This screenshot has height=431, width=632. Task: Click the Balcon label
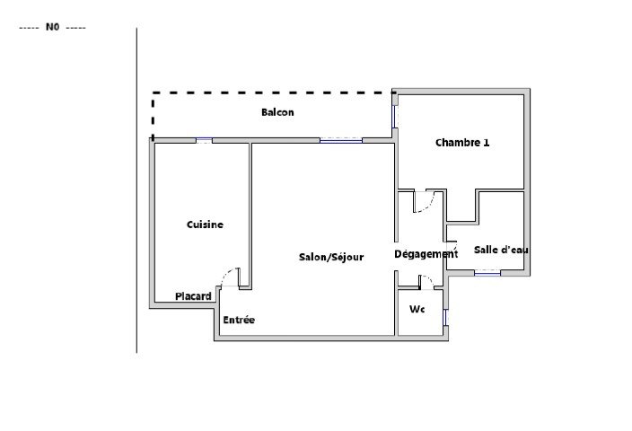(277, 112)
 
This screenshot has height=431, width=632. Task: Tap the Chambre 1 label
(462, 143)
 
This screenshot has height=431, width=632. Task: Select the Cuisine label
(205, 224)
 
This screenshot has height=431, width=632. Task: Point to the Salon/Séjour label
(331, 257)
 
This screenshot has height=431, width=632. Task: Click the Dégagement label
(426, 254)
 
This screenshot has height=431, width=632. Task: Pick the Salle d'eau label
(501, 250)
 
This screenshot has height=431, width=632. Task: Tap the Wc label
(417, 309)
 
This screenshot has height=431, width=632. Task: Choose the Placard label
(193, 296)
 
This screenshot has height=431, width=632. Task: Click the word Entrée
(239, 320)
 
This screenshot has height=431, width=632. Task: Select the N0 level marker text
(52, 27)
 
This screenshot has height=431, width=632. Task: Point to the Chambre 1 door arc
(427, 204)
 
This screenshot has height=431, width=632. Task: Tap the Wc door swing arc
(429, 279)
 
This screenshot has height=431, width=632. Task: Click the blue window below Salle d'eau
(487, 273)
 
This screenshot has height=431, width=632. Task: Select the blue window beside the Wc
(445, 317)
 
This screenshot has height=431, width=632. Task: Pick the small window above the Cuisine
(204, 140)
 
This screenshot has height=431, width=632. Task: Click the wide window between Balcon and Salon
(341, 140)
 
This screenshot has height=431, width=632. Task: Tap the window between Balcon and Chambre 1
(394, 117)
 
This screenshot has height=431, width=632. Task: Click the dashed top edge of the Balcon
(273, 92)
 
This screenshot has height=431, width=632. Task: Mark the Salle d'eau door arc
(454, 244)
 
